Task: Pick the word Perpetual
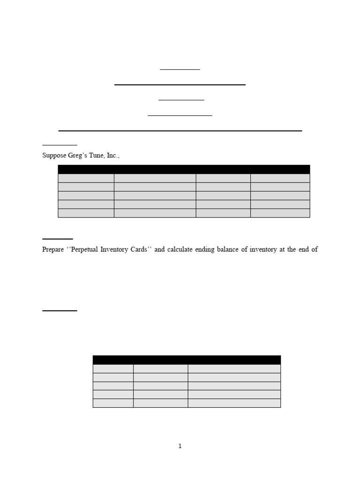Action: click(x=90, y=249)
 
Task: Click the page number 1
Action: click(x=180, y=446)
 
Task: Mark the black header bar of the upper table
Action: click(x=184, y=169)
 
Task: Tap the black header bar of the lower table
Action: click(x=187, y=360)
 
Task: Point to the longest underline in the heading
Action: click(x=180, y=131)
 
